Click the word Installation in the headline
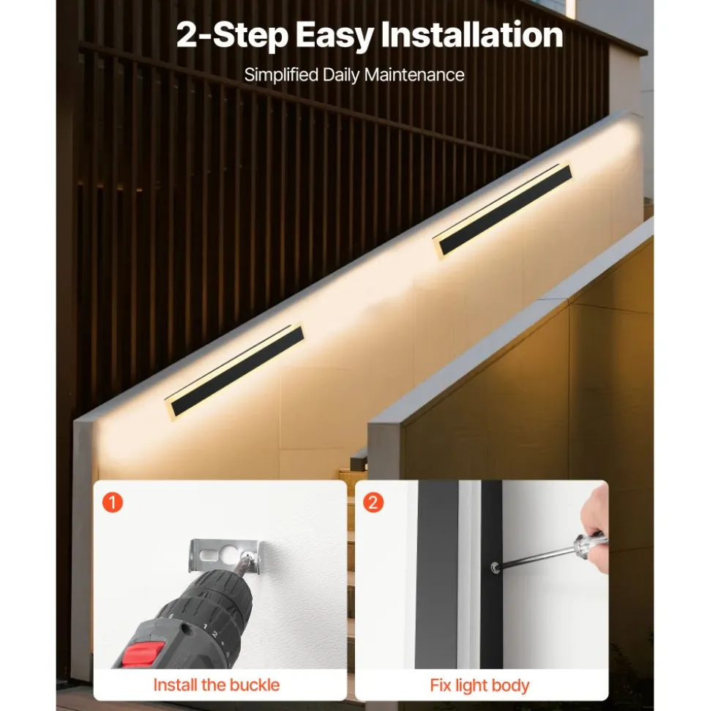(x=471, y=34)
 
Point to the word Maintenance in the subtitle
(x=414, y=75)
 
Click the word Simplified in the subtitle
(x=281, y=75)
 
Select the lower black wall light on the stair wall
(x=235, y=372)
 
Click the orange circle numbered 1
(x=113, y=502)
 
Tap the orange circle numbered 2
(x=373, y=502)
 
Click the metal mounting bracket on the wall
(x=225, y=554)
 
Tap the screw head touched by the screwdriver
(x=495, y=567)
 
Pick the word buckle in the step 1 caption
(x=254, y=685)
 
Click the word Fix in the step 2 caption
(x=440, y=685)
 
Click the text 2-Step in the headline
(x=233, y=35)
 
